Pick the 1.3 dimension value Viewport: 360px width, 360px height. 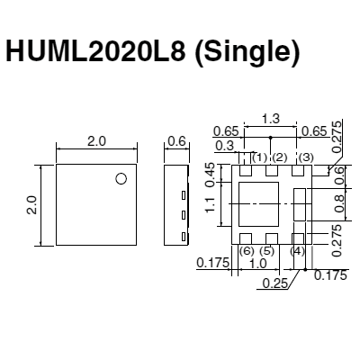pos(270,119)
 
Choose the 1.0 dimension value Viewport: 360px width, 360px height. pos(258,264)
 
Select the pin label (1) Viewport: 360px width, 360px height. pos(259,158)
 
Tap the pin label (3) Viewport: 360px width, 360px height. pos(306,158)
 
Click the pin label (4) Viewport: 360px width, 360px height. pos(298,251)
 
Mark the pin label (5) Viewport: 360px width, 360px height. pos(267,251)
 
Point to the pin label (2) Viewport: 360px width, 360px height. pos(280,158)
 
